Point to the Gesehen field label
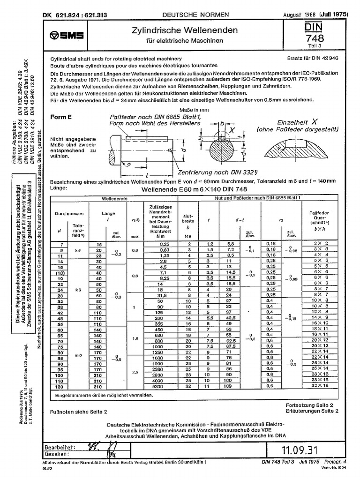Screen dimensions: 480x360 [57, 454]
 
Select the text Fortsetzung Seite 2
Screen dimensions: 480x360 [309, 404]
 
